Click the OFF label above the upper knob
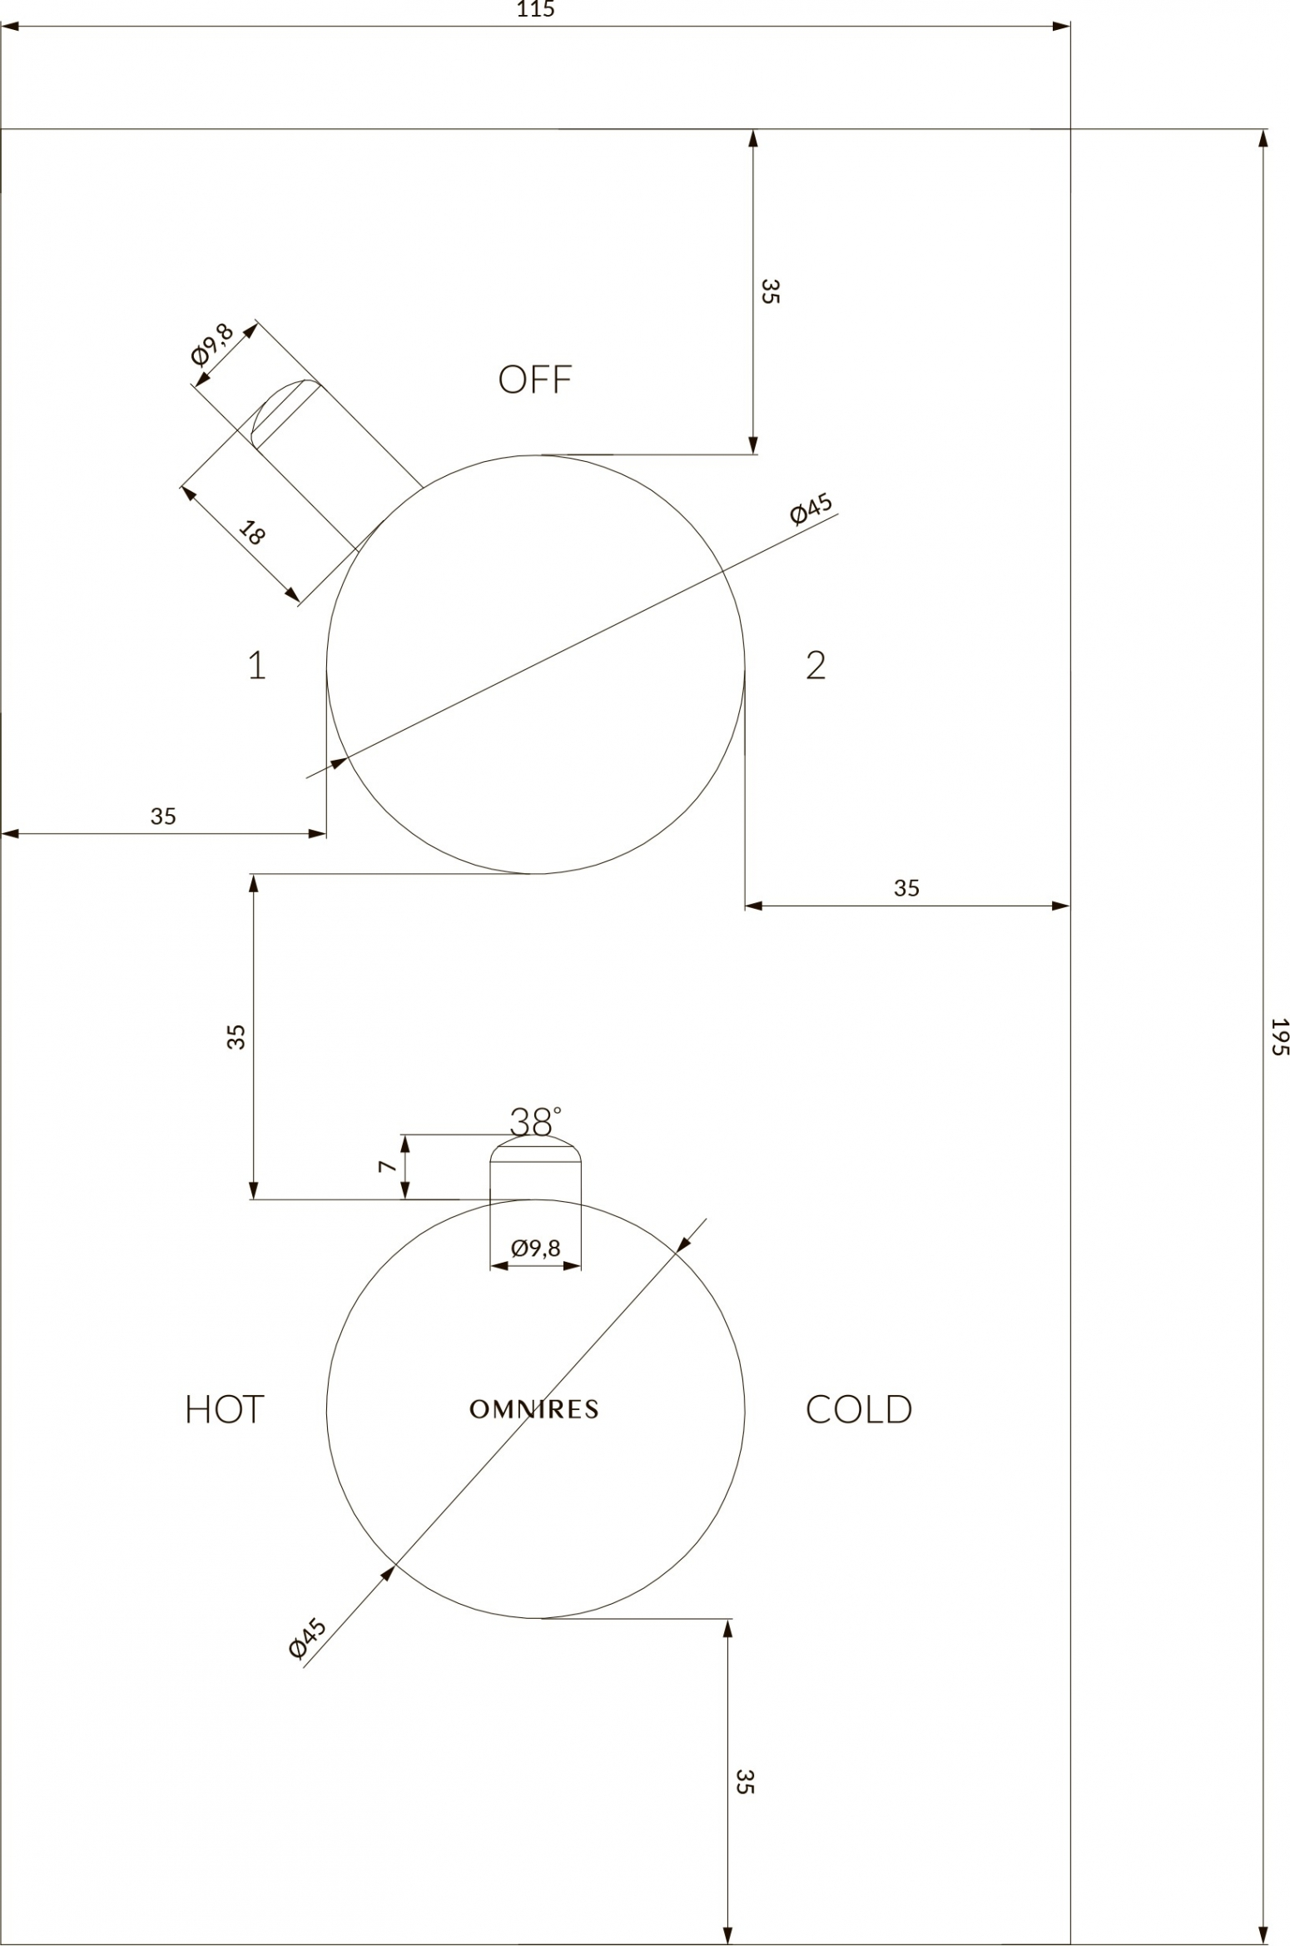[534, 380]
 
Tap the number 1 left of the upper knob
[257, 665]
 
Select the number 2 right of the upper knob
[816, 665]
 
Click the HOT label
[224, 1409]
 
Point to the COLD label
[859, 1409]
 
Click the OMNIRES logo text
[534, 1409]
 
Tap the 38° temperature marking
[535, 1122]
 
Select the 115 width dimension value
[535, 10]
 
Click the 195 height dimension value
[1279, 1036]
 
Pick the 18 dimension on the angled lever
[251, 532]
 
